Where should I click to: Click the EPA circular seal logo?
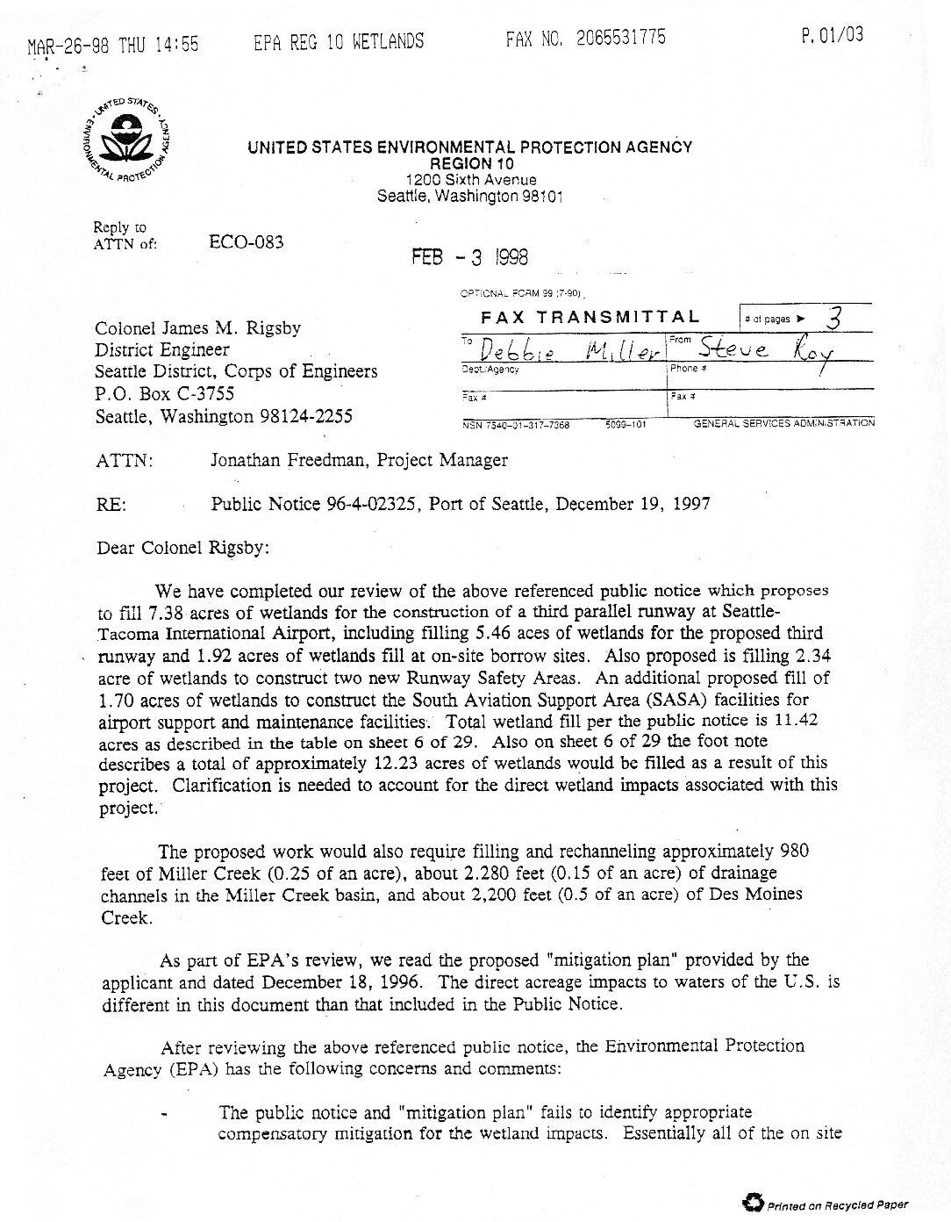coord(130,141)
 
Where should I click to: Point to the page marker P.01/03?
coord(832,35)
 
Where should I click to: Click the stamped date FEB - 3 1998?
coord(470,257)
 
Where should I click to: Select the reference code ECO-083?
coord(247,242)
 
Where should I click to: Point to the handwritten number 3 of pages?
coord(834,320)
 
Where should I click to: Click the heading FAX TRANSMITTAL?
coord(590,318)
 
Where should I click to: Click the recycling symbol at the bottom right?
coord(752,1201)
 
